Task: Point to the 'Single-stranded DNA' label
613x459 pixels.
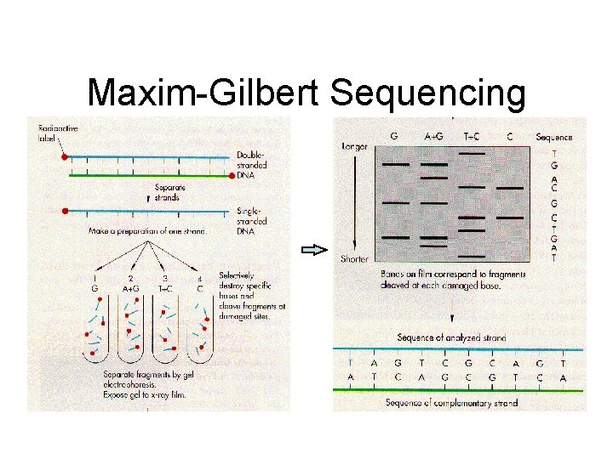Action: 253,220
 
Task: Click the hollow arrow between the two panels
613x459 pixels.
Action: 315,250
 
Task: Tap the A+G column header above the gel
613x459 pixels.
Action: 433,137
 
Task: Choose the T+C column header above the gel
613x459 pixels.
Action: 472,137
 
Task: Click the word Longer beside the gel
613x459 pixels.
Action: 354,147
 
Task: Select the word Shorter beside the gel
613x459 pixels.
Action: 354,258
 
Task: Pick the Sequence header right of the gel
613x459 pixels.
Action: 554,137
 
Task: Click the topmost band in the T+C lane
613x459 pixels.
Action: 472,154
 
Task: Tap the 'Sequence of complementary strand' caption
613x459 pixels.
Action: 450,402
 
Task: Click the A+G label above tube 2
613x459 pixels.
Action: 130,287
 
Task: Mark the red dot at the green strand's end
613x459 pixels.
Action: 234,177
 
